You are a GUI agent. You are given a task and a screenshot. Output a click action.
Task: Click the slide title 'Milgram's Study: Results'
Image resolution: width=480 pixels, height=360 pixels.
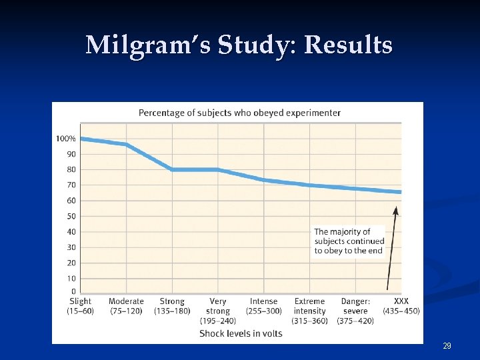(x=239, y=45)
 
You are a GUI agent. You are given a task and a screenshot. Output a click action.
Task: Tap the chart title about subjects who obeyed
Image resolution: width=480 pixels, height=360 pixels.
(x=239, y=113)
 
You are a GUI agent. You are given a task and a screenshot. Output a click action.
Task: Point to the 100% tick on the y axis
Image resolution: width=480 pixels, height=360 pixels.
(x=66, y=139)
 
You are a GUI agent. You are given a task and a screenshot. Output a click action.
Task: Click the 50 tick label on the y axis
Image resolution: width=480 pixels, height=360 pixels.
(x=71, y=216)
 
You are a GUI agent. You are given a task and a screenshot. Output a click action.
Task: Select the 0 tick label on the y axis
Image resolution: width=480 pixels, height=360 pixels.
(x=73, y=292)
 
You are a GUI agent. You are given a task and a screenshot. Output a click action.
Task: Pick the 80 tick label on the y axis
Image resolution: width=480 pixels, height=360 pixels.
(x=71, y=169)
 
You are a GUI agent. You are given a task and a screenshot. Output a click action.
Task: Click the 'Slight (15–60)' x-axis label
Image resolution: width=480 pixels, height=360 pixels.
(x=80, y=307)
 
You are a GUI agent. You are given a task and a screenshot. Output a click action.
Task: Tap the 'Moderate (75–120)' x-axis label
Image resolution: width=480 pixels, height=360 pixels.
(x=126, y=307)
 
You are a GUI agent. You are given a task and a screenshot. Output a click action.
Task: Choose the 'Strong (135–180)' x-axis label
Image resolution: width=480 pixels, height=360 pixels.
(x=172, y=307)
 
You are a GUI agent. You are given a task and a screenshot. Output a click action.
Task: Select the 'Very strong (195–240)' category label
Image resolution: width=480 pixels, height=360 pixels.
(x=218, y=311)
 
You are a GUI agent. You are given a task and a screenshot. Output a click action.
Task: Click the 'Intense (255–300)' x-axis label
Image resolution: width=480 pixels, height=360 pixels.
(x=263, y=307)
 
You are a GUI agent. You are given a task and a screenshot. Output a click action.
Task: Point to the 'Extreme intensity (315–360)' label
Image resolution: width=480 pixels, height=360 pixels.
(x=309, y=311)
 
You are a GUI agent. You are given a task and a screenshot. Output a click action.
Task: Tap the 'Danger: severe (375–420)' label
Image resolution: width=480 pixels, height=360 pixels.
(x=355, y=311)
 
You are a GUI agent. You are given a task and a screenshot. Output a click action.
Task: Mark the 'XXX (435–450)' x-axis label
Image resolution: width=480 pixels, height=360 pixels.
(x=401, y=307)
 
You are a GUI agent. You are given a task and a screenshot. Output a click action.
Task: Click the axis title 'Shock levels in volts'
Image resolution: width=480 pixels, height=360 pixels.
(x=241, y=333)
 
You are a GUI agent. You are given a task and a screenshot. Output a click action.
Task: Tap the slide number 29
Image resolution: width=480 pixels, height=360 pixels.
(x=447, y=346)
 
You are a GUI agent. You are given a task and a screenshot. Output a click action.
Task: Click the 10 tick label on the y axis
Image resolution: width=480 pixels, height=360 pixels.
(x=71, y=278)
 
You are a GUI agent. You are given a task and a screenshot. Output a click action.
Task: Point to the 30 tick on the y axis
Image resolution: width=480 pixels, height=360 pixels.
(x=71, y=247)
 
